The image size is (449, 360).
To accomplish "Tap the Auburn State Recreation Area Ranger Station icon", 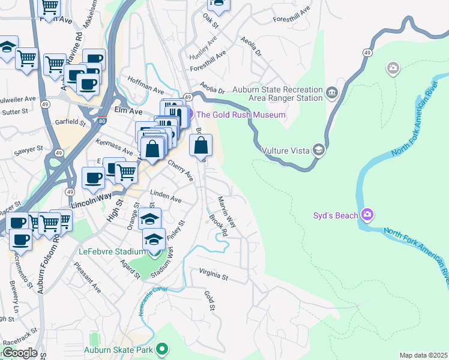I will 332,93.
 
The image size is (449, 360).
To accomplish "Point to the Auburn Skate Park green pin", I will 161,349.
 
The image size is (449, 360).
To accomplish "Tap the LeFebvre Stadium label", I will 110,251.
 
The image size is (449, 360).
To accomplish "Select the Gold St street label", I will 209,300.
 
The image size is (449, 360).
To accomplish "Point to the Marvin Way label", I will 227,212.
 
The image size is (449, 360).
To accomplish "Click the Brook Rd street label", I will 217,225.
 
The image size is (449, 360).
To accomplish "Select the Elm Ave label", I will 128,112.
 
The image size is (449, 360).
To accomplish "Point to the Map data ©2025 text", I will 423,355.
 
